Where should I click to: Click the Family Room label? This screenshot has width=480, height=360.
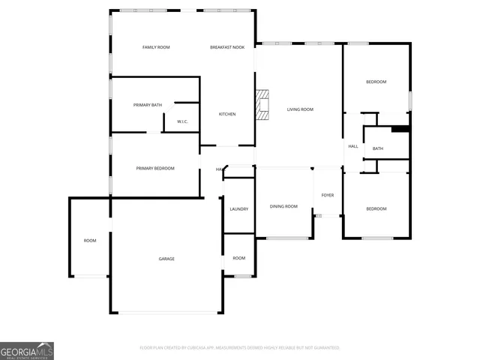point(156,47)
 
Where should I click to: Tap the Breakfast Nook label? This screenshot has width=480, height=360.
point(226,47)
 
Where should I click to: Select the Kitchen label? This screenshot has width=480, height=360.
point(227,114)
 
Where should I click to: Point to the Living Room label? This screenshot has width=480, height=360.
point(300,109)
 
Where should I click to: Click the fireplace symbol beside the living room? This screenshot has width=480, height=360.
point(261,105)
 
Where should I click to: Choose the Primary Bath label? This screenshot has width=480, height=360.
point(148,105)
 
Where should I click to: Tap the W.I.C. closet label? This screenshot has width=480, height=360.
point(182,121)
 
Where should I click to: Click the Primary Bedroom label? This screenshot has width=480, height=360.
point(155,169)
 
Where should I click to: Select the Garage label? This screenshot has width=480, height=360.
point(166,259)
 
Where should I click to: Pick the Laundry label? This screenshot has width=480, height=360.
point(239,209)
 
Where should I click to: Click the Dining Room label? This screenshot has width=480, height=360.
point(283,206)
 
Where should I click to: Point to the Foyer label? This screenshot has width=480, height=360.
point(328,195)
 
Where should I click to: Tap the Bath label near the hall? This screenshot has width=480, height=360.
point(378,148)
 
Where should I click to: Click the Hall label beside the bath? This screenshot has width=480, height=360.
point(352,146)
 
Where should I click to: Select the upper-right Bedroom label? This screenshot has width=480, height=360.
point(376,82)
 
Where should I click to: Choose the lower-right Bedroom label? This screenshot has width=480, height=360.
point(376,208)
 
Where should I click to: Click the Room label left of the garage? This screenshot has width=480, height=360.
point(90,241)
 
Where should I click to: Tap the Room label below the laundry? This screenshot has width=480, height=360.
point(238,258)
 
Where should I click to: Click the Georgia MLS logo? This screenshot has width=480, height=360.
point(27,351)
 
